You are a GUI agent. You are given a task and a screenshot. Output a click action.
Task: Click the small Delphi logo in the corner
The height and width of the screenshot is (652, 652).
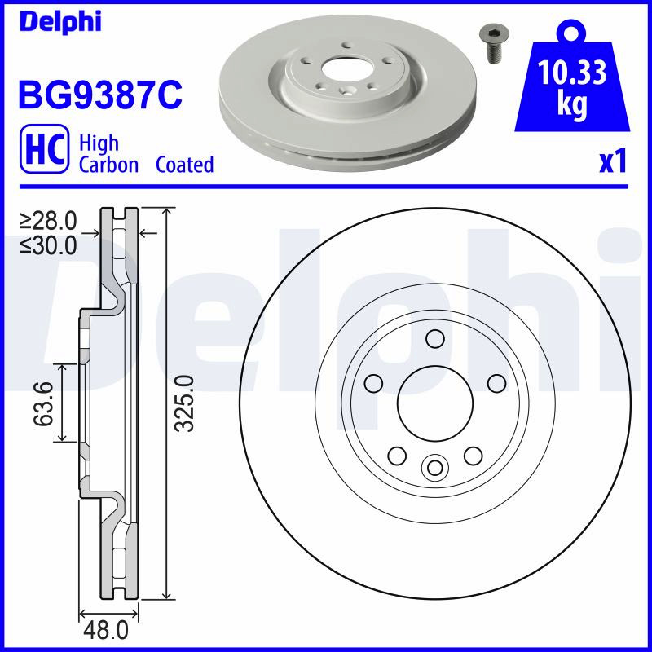[60, 22]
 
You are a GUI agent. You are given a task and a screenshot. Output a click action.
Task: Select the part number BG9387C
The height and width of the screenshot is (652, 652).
[100, 95]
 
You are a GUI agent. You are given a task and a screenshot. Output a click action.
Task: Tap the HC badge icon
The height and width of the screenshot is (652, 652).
[44, 148]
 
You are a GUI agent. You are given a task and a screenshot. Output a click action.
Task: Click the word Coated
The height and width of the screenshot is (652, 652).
[185, 165]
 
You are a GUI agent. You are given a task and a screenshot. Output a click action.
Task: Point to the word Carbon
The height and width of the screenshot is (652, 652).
[108, 165]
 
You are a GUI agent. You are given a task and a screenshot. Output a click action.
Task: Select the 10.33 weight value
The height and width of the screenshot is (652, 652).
[572, 73]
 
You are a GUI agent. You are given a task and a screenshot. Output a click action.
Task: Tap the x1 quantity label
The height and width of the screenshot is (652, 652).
[613, 162]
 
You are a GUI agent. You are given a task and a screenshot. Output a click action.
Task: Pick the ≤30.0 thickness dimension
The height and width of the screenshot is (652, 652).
[48, 245]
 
